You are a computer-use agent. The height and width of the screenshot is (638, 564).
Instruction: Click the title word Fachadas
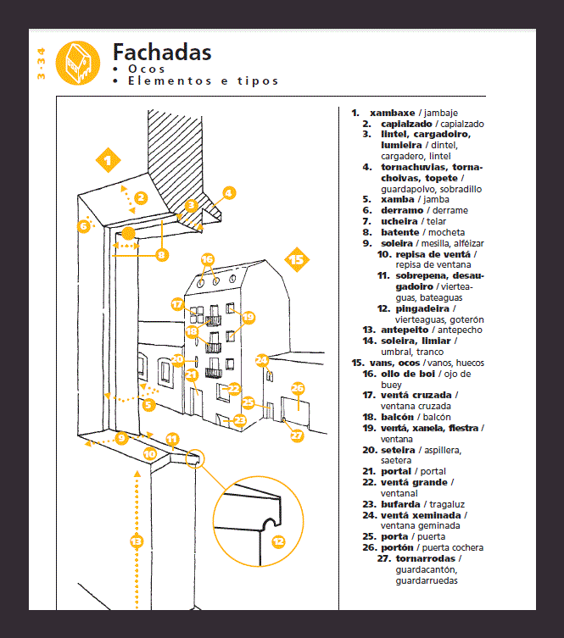click(x=162, y=52)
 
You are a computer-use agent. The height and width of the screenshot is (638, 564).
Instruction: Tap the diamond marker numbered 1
click(x=107, y=158)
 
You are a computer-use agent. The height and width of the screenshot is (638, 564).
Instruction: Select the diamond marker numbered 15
click(x=296, y=260)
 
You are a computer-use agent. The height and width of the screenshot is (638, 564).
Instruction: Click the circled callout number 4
click(x=227, y=192)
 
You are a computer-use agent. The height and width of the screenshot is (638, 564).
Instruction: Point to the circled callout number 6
click(x=83, y=225)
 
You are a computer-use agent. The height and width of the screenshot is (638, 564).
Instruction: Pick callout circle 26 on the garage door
click(x=298, y=389)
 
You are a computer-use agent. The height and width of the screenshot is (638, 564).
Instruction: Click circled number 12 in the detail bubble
click(x=277, y=541)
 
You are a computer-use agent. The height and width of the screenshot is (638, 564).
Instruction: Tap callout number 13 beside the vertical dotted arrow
click(x=135, y=540)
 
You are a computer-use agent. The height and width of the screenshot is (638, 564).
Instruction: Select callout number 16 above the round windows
click(x=208, y=258)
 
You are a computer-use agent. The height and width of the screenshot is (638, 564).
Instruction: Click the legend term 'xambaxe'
click(x=392, y=113)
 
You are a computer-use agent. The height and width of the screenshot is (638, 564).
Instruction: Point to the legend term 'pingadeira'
click(x=422, y=308)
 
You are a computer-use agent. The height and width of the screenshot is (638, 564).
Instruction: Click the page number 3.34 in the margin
click(x=41, y=65)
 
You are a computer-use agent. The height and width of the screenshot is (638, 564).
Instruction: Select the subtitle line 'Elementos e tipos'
click(x=203, y=81)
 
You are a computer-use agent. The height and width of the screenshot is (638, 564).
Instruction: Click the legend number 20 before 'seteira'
click(x=368, y=450)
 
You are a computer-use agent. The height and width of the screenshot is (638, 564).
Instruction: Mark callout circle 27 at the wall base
click(x=296, y=436)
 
